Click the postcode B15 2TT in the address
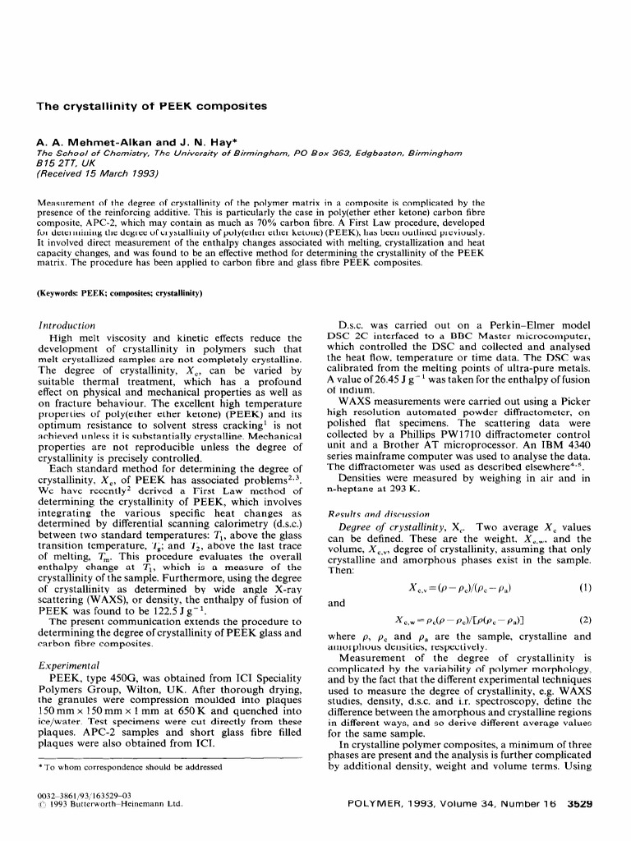(x=61, y=163)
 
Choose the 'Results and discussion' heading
(x=370, y=513)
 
